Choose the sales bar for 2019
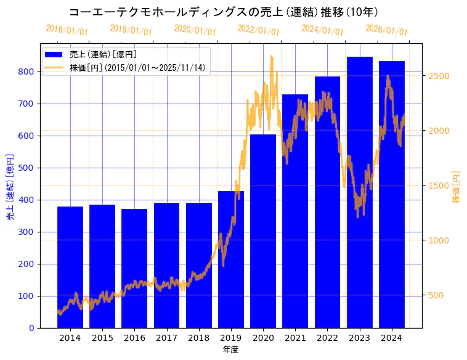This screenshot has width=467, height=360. tap(231, 259)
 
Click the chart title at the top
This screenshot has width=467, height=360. tap(224, 12)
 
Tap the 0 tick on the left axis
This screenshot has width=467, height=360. tap(31, 328)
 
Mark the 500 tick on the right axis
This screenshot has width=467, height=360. tap(436, 295)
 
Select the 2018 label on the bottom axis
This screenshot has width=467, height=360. tap(199, 338)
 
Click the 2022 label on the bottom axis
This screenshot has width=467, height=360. tap(327, 338)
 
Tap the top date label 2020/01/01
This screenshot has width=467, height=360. tap(195, 30)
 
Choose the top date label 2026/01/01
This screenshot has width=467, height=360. tap(386, 30)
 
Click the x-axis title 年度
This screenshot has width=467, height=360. tap(230, 350)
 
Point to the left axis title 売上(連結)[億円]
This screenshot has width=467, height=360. tap(10, 187)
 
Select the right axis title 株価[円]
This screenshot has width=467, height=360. tap(457, 187)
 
